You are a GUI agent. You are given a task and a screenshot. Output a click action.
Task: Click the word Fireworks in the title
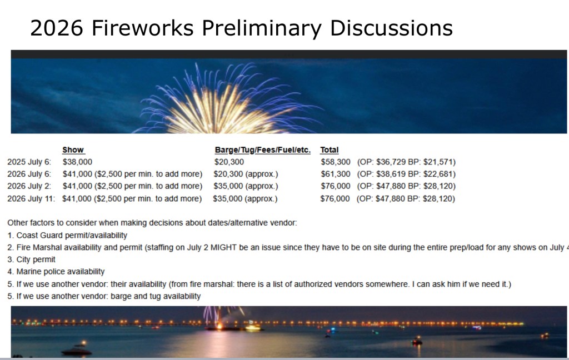(143, 28)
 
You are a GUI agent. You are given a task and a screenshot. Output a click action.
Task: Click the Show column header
(73, 150)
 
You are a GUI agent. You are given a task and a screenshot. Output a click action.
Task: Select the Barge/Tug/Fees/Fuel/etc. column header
(263, 150)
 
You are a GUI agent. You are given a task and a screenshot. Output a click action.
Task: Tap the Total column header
(329, 150)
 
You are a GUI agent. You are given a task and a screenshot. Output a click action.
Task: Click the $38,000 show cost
(77, 162)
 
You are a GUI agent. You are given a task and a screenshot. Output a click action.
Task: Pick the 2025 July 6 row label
(29, 162)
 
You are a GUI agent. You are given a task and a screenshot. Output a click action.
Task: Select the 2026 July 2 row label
(29, 186)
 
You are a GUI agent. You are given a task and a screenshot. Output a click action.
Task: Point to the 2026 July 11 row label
(31, 198)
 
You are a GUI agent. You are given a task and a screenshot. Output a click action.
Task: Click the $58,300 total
(336, 162)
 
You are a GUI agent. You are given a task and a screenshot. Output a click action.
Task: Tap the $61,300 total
(336, 174)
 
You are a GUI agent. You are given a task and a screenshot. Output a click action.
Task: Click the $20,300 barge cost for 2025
(229, 162)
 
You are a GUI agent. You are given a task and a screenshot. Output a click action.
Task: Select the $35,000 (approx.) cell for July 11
(245, 198)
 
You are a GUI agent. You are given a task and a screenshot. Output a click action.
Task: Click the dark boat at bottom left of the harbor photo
(77, 350)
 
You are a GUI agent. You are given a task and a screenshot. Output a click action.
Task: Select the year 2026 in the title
(57, 28)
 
